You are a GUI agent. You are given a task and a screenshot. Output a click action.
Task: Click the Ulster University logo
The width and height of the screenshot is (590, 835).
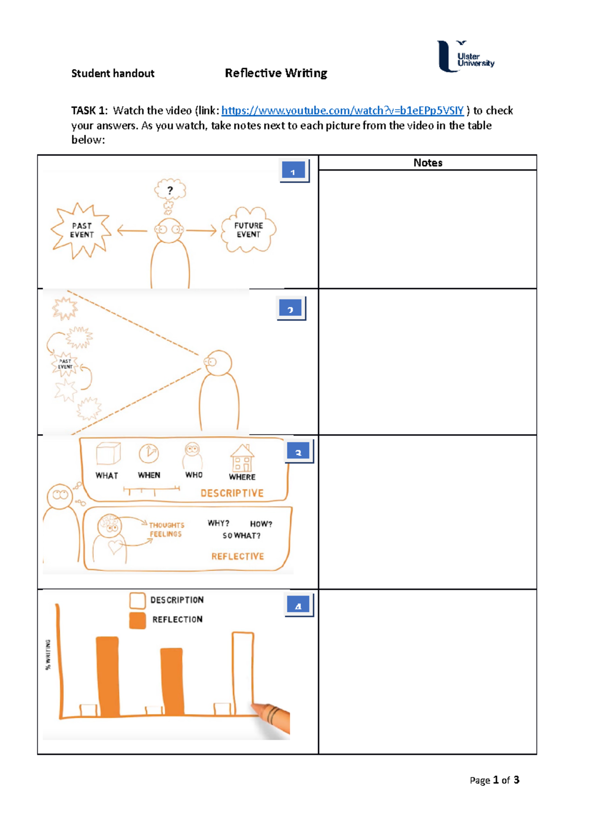point(465,57)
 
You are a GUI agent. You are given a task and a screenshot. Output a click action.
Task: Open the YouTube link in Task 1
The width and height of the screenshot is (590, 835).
point(342,111)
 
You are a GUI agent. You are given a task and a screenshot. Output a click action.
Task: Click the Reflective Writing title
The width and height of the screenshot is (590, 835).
point(276,73)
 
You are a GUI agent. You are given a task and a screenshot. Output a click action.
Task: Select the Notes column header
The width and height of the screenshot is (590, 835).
point(427,163)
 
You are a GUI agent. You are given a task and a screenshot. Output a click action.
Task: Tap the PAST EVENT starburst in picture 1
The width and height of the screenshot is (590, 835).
point(81,230)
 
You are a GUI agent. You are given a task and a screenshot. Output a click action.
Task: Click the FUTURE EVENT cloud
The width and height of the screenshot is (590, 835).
point(248,230)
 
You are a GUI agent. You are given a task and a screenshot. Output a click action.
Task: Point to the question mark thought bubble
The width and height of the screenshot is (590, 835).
point(170,190)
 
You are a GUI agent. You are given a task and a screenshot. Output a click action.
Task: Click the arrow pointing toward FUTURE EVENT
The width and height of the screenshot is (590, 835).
point(201,230)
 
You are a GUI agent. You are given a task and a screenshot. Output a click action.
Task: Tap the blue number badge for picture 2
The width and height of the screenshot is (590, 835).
point(291,309)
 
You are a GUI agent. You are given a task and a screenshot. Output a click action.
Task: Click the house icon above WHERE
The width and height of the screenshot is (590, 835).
point(242,458)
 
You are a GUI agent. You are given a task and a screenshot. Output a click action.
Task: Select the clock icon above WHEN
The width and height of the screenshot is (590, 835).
point(148,453)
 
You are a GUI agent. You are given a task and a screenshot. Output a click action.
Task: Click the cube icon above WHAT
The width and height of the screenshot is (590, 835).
point(108,453)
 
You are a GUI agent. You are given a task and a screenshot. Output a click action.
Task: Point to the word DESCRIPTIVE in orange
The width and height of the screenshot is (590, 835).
point(232,493)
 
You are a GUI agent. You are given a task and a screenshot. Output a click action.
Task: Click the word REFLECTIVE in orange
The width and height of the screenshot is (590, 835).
point(237,556)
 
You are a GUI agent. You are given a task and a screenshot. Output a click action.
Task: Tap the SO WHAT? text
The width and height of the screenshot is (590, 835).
point(241,536)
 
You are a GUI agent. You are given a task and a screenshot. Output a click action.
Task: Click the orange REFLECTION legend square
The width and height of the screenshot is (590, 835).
point(138,620)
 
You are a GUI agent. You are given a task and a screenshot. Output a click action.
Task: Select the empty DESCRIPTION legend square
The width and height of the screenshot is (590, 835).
point(138,600)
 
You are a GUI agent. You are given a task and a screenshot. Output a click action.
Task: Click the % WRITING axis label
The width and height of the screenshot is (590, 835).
point(48,655)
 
